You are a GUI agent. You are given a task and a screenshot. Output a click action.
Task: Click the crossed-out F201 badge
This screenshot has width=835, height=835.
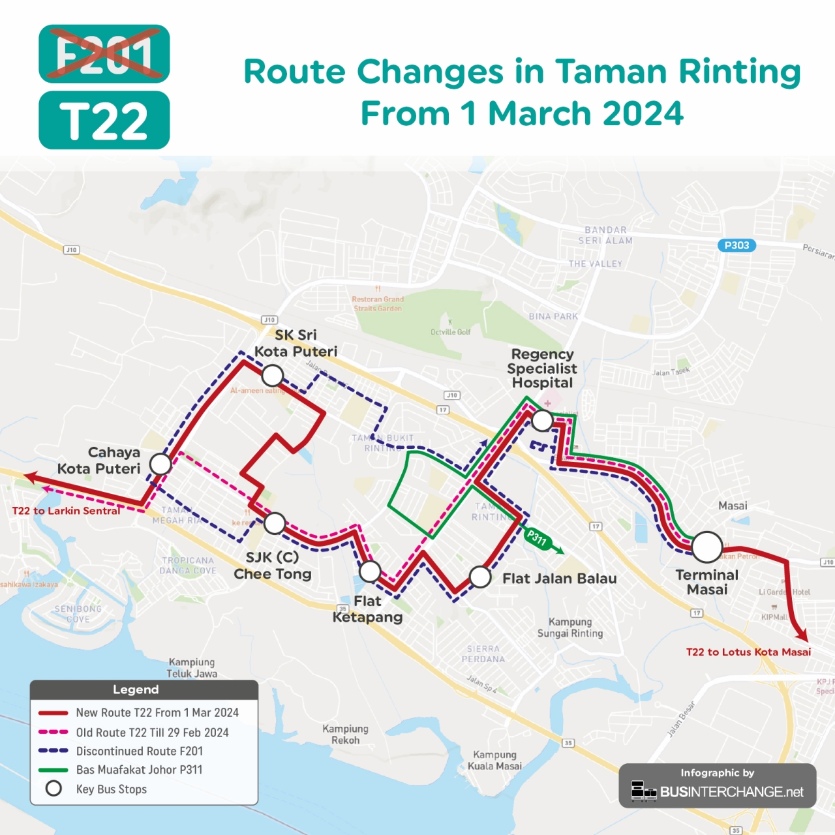pyautogui.click(x=104, y=53)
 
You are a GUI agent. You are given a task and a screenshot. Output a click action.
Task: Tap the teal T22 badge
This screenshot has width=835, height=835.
pyautogui.click(x=104, y=121)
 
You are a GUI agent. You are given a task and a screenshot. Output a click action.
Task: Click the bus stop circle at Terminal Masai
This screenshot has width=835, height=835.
pyautogui.click(x=706, y=547)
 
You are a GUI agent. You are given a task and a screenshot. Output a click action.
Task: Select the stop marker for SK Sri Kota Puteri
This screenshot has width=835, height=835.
pyautogui.click(x=272, y=376)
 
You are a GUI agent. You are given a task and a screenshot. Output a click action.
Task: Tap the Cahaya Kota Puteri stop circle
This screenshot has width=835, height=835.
pyautogui.click(x=160, y=464)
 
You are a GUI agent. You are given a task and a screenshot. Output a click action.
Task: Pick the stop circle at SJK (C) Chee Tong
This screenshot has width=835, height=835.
pyautogui.click(x=275, y=523)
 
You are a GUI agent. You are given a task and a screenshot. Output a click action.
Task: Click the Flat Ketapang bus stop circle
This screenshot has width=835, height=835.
pyautogui.click(x=370, y=571)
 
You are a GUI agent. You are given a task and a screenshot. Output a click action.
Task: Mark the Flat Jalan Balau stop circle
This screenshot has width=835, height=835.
pyautogui.click(x=480, y=577)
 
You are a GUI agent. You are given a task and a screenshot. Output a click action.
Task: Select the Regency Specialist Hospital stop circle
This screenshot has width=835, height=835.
pyautogui.click(x=542, y=421)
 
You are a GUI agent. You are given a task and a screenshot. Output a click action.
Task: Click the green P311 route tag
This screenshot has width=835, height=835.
pyautogui.click(x=538, y=538)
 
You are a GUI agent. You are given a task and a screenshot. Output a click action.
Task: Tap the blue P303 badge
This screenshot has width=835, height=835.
pyautogui.click(x=736, y=245)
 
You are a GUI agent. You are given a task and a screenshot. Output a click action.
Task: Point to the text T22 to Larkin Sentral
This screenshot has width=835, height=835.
pyautogui.click(x=66, y=511)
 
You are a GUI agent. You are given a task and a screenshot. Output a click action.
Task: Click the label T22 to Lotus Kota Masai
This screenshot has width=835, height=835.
pyautogui.click(x=748, y=652)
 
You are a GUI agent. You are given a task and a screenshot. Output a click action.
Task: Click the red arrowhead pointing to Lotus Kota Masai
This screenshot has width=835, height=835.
pyautogui.click(x=803, y=635)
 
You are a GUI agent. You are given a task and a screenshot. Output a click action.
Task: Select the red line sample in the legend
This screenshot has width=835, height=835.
pyautogui.click(x=53, y=713)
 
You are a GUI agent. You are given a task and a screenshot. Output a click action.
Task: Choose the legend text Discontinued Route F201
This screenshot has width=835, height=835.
pyautogui.click(x=140, y=751)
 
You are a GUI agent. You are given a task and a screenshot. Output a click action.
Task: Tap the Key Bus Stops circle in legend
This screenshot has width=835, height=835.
pyautogui.click(x=53, y=789)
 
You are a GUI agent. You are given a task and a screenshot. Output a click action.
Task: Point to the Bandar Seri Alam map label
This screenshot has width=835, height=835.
pyautogui.click(x=605, y=235)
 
